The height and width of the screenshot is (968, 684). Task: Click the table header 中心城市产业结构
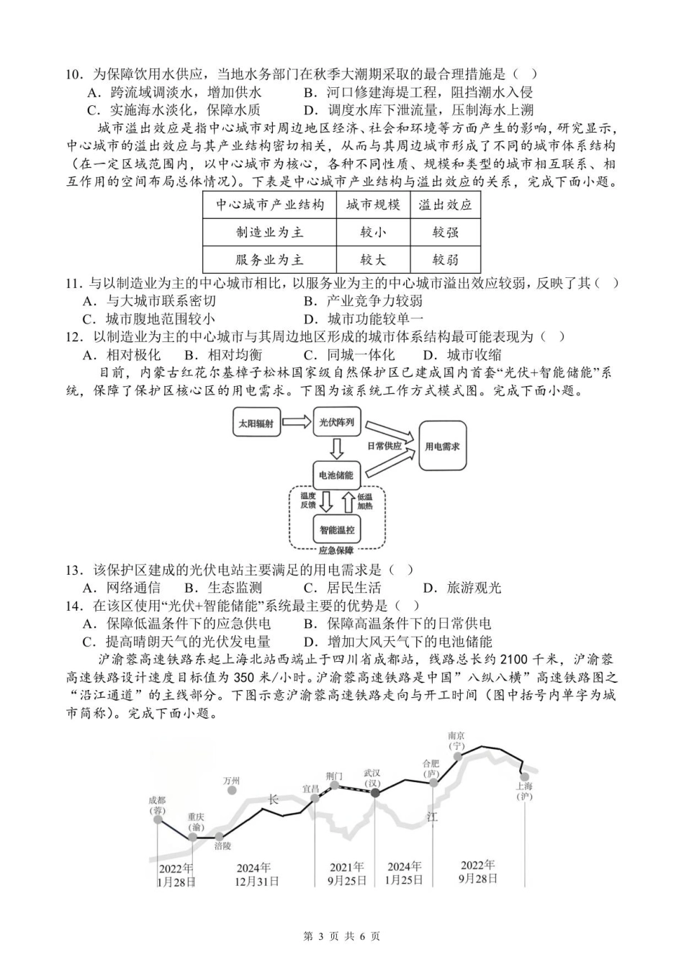[x=270, y=205]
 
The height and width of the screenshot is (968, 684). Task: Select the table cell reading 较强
[x=445, y=233]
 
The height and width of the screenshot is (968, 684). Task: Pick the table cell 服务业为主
[x=270, y=260]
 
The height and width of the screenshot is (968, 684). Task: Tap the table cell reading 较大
[x=373, y=260]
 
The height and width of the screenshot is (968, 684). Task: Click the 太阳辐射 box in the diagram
[x=256, y=423]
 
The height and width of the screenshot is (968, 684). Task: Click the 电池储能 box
[x=336, y=475]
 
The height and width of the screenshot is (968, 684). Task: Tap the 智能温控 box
[x=337, y=530]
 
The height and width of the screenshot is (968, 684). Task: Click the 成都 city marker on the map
[x=158, y=819]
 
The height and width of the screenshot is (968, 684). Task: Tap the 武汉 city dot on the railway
[x=374, y=792]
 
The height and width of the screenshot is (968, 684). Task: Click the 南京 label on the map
[x=456, y=736]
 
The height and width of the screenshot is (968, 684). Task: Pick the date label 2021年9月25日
[x=346, y=874]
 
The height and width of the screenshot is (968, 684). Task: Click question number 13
[x=74, y=570]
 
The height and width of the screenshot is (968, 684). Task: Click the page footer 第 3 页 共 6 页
[x=342, y=936]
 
